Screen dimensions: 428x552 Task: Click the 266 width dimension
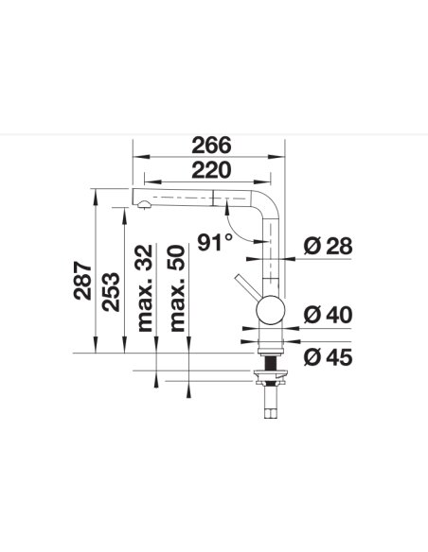tap(211, 145)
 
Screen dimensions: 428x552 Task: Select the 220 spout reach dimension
tap(211, 170)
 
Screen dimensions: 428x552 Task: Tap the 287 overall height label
tap(82, 281)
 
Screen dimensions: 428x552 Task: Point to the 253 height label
tap(111, 291)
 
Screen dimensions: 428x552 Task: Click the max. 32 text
tap(145, 288)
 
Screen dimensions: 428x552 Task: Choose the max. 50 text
tap(177, 288)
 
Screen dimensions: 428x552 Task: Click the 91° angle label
tap(215, 243)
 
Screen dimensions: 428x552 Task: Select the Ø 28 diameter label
tap(328, 246)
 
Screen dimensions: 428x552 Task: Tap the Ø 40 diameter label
tap(328, 315)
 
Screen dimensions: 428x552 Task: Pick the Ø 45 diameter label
tap(328, 357)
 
